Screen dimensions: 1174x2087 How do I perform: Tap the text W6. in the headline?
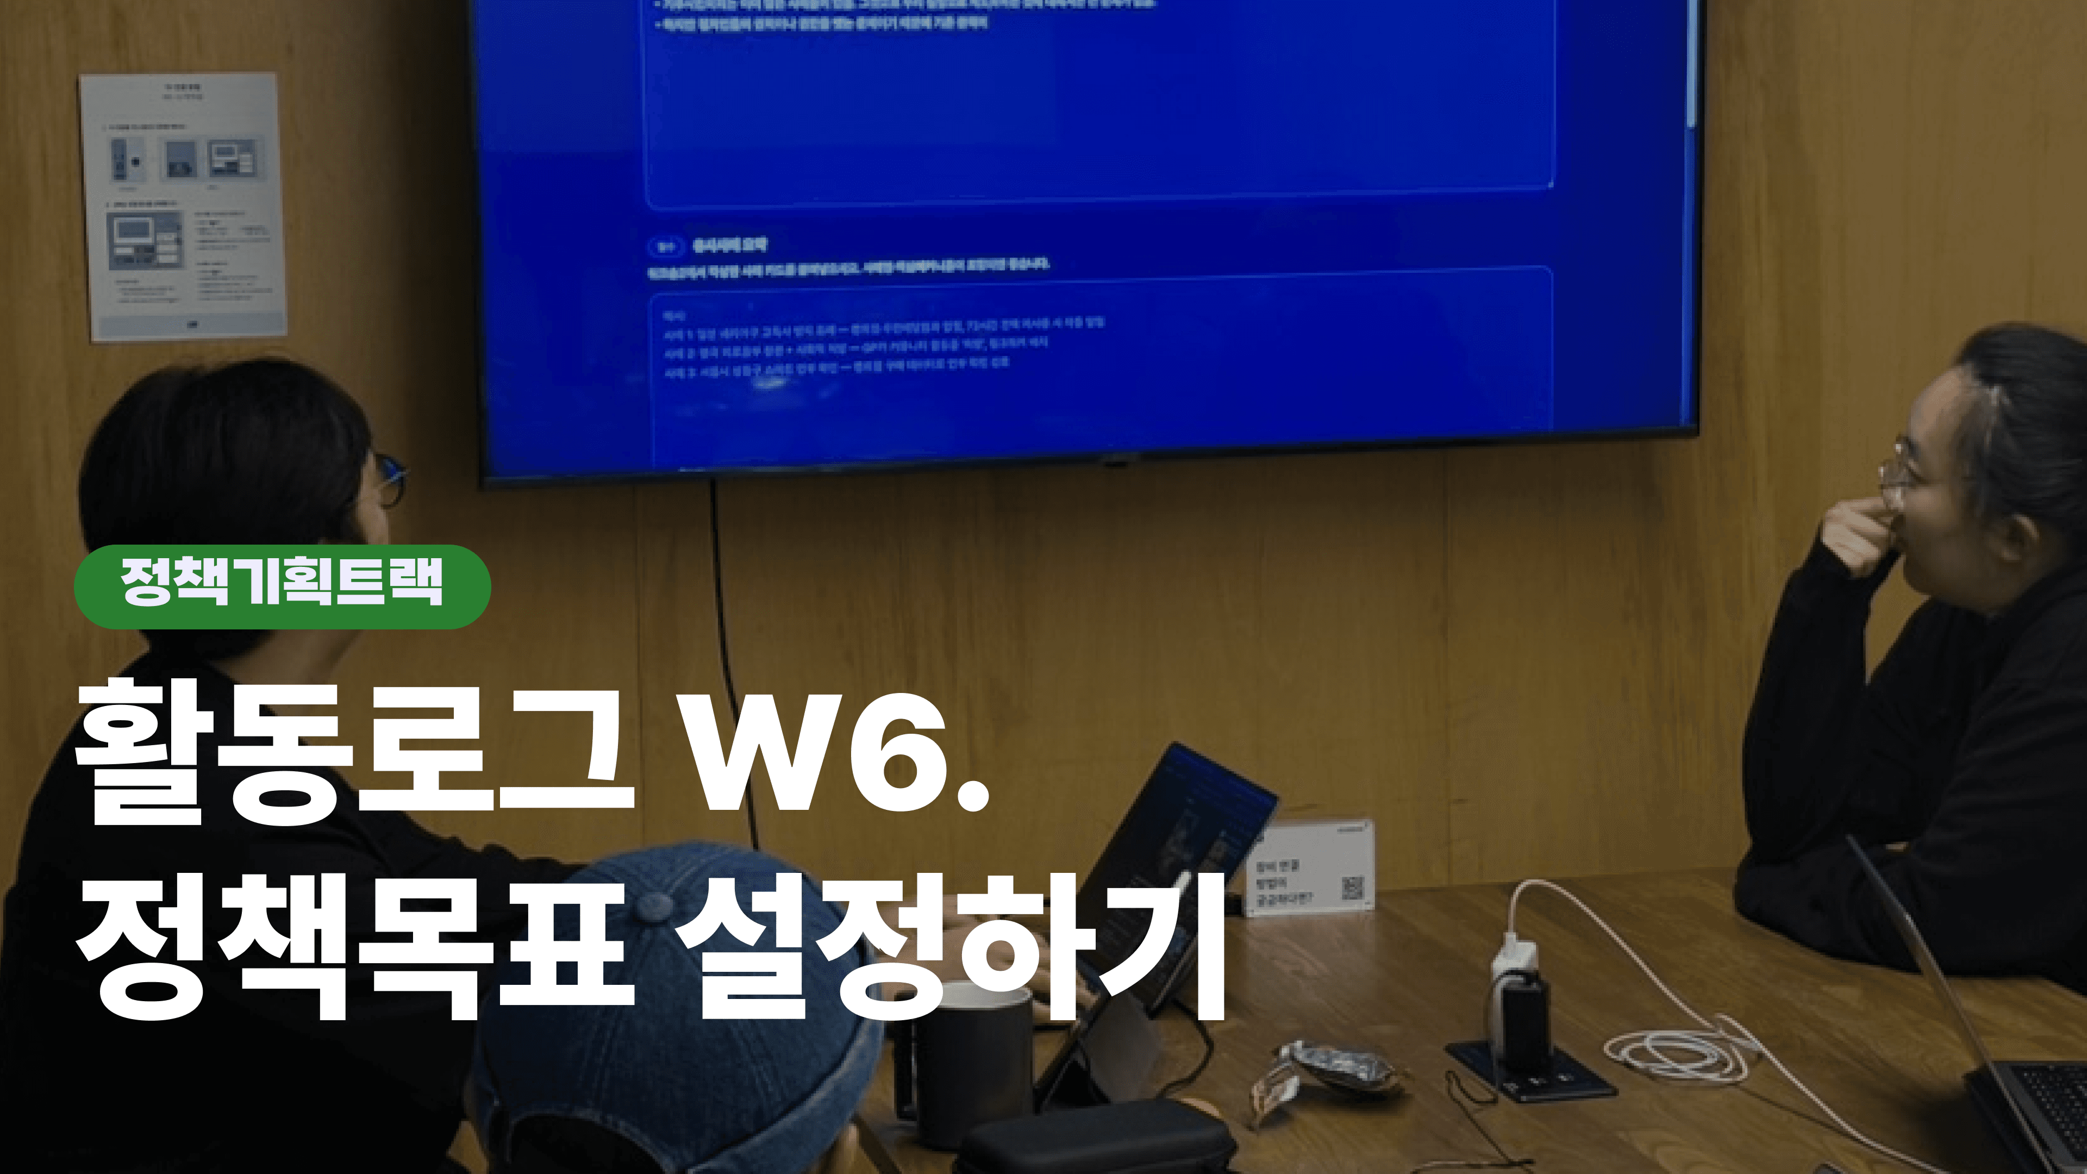(834, 753)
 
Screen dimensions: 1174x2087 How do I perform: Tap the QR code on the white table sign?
(1352, 887)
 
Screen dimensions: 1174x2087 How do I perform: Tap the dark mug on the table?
(972, 1061)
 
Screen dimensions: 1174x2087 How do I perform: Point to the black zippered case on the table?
(1094, 1138)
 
